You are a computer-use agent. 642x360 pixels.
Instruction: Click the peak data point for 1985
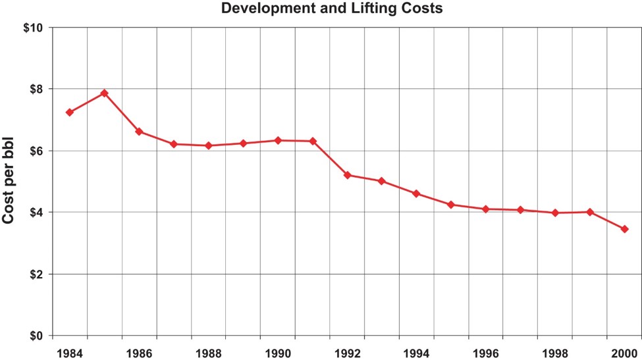coord(104,93)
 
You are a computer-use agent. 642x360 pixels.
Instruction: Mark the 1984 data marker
coord(70,113)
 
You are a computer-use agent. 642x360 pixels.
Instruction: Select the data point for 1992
coord(347,175)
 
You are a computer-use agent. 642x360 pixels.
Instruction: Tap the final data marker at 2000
coord(624,229)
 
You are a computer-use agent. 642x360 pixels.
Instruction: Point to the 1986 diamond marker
coord(139,132)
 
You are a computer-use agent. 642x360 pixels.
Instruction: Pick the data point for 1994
coord(416,193)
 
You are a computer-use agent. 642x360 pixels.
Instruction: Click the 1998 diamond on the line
coord(555,213)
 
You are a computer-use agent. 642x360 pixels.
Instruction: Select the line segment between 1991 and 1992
coord(330,158)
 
